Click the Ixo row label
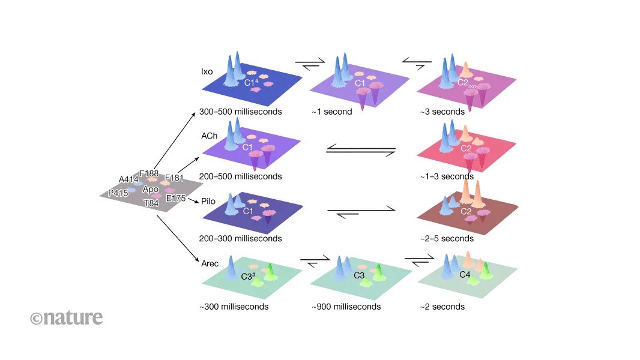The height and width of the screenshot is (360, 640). click(207, 71)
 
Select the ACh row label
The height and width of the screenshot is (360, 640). click(210, 136)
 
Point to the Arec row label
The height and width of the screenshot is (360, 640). click(210, 262)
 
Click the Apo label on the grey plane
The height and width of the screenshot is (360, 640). click(151, 190)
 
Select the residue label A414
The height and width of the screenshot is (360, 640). click(128, 179)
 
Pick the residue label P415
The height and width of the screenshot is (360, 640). click(118, 193)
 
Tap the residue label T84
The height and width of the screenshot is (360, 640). click(151, 203)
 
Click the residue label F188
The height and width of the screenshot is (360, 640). click(149, 173)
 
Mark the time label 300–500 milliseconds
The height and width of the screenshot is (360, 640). click(241, 112)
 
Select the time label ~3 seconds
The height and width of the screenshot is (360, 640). click(442, 112)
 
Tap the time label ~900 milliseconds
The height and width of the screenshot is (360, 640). click(346, 307)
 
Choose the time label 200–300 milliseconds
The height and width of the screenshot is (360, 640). click(241, 238)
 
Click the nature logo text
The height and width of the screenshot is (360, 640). click(67, 317)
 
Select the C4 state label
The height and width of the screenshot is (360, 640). click(465, 275)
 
